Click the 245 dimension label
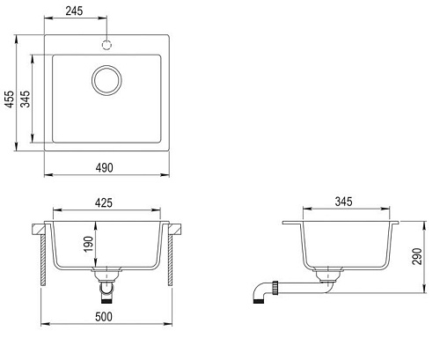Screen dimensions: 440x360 pos(74,11)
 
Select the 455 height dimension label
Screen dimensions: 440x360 pos(10,99)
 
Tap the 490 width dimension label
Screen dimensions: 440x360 pos(104,167)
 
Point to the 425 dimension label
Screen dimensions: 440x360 pos(104,202)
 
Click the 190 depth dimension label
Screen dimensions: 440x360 pos(88,244)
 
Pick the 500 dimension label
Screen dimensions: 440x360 pos(104,317)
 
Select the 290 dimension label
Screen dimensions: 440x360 pos(417,256)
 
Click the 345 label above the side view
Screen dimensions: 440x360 pos(343,202)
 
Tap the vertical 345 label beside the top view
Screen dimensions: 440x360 pos(26,99)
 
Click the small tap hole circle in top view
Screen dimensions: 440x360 pos(106,45)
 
